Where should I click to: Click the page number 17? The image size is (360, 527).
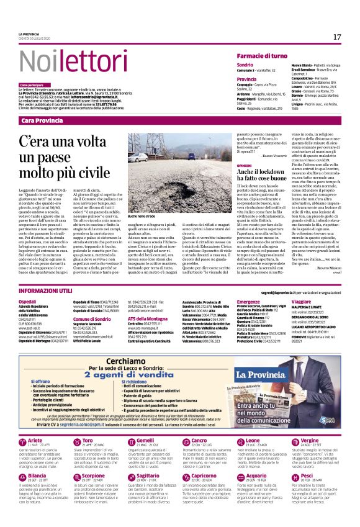tap(337, 37)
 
